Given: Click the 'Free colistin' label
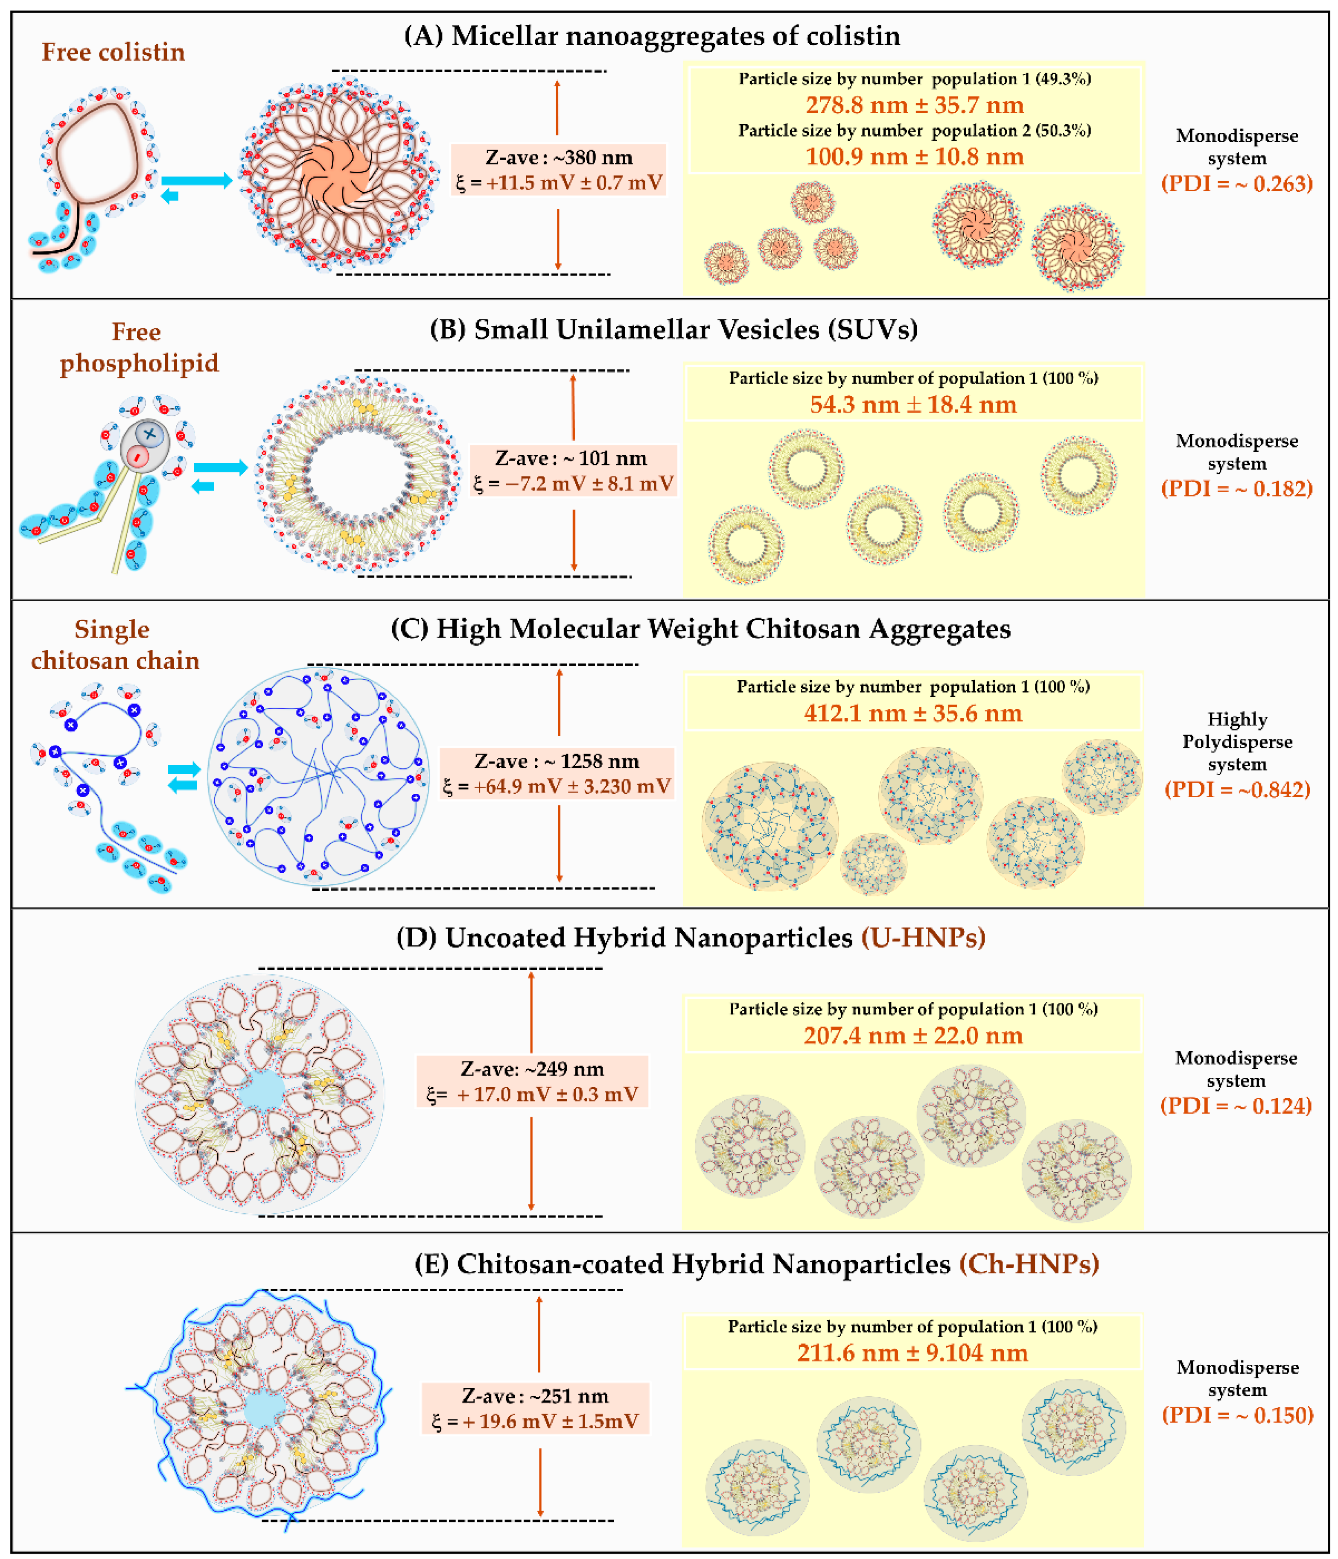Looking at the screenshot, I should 113,52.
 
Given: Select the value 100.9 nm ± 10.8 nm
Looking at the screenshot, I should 914,157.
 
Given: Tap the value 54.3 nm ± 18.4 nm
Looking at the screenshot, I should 912,405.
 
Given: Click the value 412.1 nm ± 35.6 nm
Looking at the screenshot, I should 912,713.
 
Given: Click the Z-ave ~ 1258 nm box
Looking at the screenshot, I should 557,773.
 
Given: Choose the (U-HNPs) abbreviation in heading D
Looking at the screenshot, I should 923,938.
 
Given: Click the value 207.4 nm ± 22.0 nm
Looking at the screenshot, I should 912,1036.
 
